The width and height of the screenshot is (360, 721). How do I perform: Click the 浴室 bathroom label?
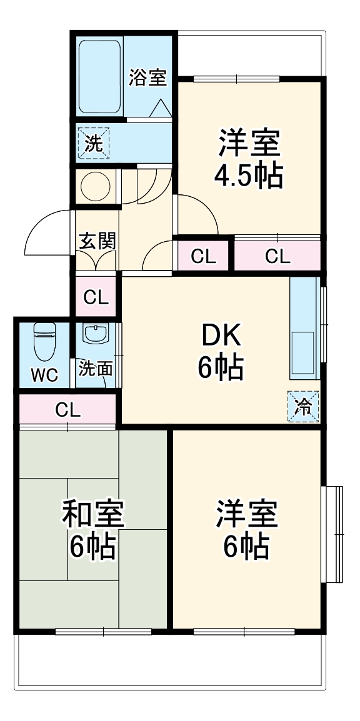pyautogui.click(x=147, y=79)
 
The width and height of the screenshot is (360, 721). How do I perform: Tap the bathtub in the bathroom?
pyautogui.click(x=99, y=76)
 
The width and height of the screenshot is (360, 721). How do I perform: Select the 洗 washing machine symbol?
pyautogui.click(x=92, y=144)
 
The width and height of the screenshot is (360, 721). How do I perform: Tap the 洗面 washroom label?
pyautogui.click(x=96, y=369)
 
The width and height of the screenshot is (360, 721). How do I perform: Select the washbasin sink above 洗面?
pyautogui.click(x=96, y=335)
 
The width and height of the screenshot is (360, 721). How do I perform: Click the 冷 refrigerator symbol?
pyautogui.click(x=303, y=405)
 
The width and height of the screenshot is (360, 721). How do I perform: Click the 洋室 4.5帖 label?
pyautogui.click(x=248, y=159)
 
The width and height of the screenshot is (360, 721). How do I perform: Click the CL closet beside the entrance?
pyautogui.click(x=96, y=297)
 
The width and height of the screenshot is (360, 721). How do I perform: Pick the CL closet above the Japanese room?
pyautogui.click(x=67, y=409)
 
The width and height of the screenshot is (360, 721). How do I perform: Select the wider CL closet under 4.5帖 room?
pyautogui.click(x=277, y=256)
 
